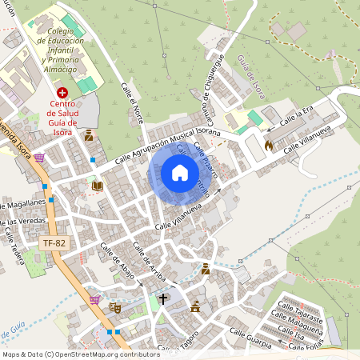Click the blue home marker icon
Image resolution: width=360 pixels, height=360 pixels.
tap(179, 173)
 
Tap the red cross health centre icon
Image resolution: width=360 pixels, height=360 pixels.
tap(62, 94)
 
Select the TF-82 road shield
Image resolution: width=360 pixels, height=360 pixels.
tap(52, 240)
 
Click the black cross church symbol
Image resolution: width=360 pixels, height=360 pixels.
tap(164, 299)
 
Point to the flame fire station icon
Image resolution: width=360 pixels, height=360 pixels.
tap(269, 146)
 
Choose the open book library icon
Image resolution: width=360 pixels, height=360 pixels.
tap(98, 186)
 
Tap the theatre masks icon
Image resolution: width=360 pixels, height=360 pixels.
tap(115, 306)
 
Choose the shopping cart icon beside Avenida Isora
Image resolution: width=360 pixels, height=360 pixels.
tap(39, 158)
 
